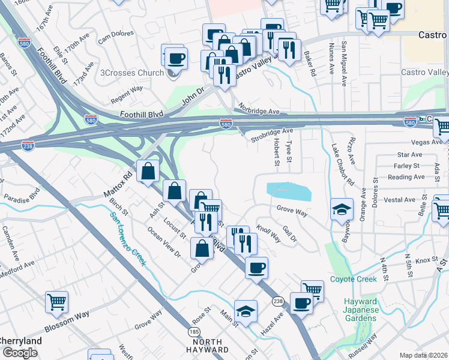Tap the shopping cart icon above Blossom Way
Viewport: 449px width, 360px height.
(x=56, y=302)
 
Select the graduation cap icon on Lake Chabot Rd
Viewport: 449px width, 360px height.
(x=342, y=210)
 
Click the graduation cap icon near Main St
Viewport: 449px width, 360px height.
(x=246, y=311)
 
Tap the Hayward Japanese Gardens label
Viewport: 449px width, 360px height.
(x=360, y=310)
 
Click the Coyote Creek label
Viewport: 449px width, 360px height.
(x=353, y=279)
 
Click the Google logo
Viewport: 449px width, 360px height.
(x=20, y=353)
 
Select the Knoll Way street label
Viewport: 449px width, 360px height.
(x=268, y=233)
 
